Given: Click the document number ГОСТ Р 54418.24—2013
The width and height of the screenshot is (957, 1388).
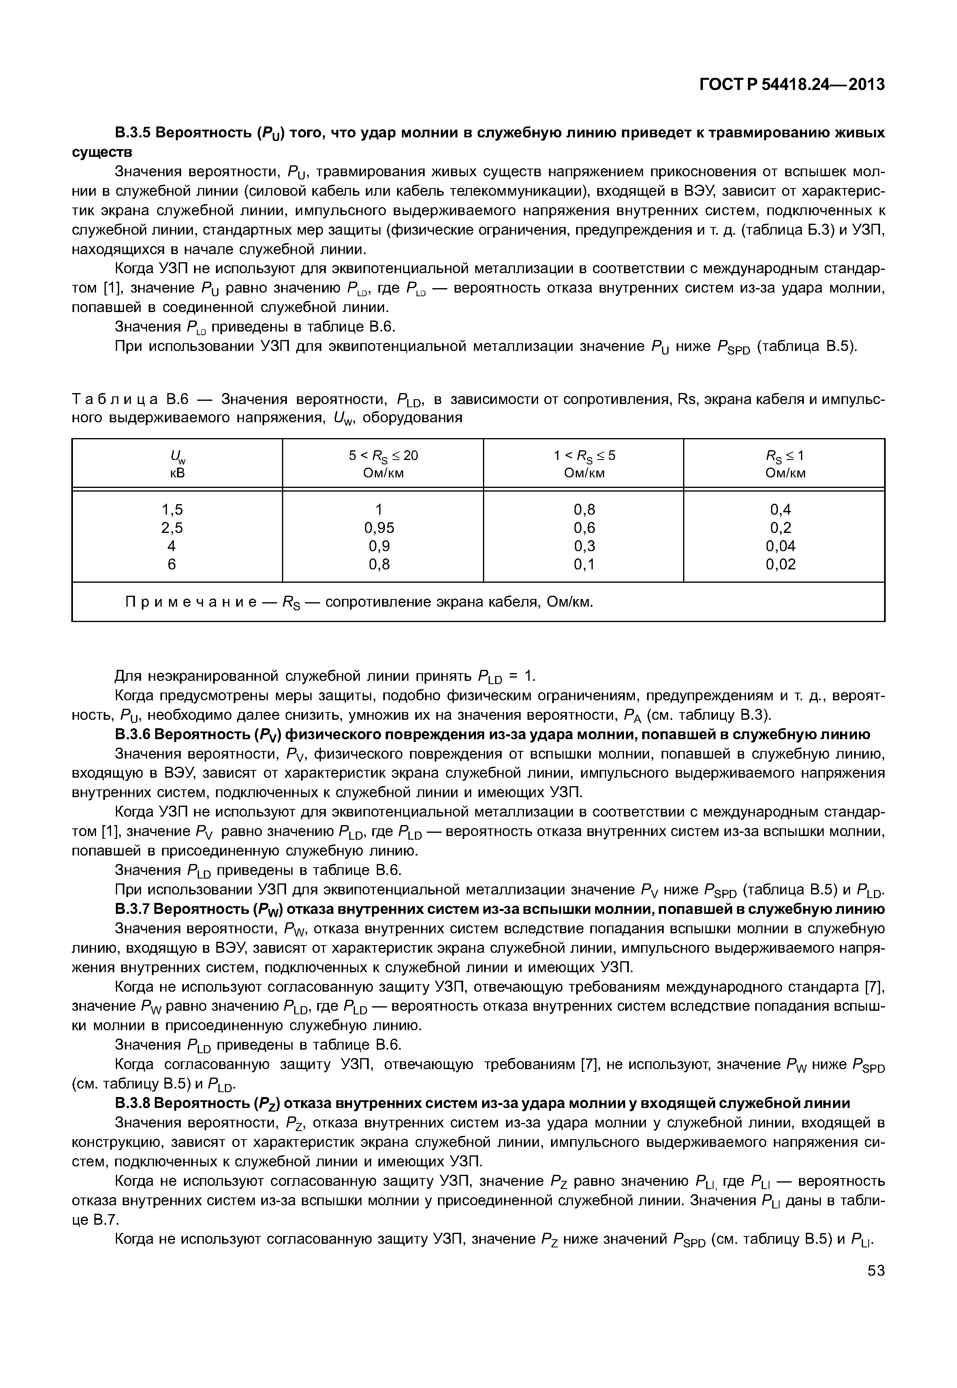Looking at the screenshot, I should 792,85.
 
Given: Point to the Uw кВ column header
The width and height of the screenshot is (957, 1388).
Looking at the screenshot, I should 177,464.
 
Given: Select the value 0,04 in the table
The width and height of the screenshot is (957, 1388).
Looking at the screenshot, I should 781,546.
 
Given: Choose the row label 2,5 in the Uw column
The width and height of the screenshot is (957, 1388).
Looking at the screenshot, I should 172,528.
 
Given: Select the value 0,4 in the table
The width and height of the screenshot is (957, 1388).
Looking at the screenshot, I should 781,510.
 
